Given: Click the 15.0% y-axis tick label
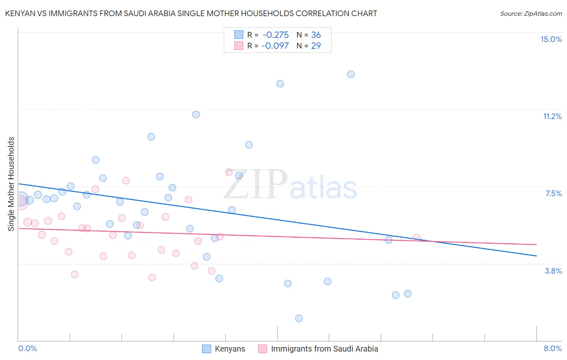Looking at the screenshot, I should click(551, 39).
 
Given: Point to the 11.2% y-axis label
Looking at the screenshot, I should click(552, 116).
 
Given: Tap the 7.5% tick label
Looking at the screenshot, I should click(553, 193).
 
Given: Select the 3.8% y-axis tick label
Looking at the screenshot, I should click(553, 271).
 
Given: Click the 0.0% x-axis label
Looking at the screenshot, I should click(27, 348).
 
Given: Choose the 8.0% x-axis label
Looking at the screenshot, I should click(552, 348).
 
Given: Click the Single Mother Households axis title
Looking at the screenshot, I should click(11, 184).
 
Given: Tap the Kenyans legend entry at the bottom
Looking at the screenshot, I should click(224, 349).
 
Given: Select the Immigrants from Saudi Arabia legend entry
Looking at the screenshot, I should click(319, 349).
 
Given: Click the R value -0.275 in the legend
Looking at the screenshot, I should click(275, 35).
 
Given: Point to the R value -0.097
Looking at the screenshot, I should click(275, 46).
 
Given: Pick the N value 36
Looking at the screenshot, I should click(316, 35).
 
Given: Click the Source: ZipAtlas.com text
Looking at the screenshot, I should click(531, 13).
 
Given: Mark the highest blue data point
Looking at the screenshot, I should click(351, 74).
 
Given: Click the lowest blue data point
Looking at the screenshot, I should click(299, 318).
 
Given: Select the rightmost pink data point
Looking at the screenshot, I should click(417, 238).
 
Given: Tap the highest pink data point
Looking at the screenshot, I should click(229, 172).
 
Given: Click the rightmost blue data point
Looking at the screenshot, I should click(408, 293).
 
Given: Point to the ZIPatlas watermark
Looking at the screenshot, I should click(290, 185).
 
